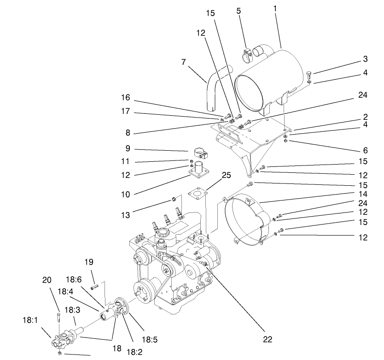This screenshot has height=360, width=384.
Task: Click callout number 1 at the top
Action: point(275,9)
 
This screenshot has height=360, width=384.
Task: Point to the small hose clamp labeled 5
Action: point(247,55)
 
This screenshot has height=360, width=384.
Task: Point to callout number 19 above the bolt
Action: point(89,262)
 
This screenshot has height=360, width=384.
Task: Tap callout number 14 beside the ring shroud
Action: point(364,195)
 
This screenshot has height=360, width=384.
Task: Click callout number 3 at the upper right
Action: point(365,59)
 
